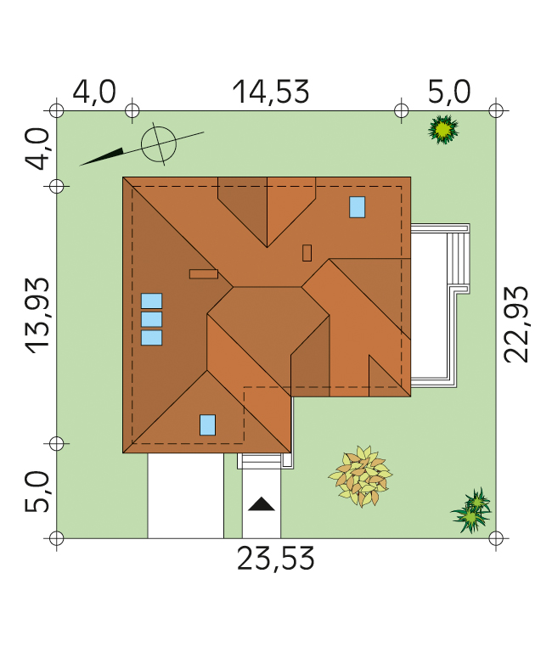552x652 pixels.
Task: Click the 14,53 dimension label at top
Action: coord(271,92)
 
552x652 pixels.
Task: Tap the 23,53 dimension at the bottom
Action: coord(275,559)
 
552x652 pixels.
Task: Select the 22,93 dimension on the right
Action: coord(515,324)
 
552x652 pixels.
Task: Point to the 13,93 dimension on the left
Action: coord(37,316)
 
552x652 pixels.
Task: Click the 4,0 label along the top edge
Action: coord(94,92)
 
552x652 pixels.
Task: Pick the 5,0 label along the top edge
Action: coord(449,92)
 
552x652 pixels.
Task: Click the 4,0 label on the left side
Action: coord(37,149)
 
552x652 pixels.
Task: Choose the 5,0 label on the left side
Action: coord(37,491)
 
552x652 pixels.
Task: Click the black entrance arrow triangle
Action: coord(262,504)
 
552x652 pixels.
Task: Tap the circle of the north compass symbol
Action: coord(159,144)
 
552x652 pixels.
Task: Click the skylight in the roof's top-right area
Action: coord(358,207)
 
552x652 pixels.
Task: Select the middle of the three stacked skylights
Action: coord(151,319)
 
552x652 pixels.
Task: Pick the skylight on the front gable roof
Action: coord(207,425)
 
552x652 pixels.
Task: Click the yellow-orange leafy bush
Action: coord(360,476)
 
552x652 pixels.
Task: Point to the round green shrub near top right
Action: coord(443,129)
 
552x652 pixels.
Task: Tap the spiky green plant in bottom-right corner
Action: coord(472,511)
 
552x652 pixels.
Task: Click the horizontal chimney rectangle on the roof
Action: coord(204,274)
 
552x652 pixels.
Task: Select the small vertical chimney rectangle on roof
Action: coord(307,253)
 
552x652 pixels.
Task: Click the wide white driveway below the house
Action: coord(185,495)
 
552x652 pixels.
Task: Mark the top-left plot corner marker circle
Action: coord(57,111)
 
